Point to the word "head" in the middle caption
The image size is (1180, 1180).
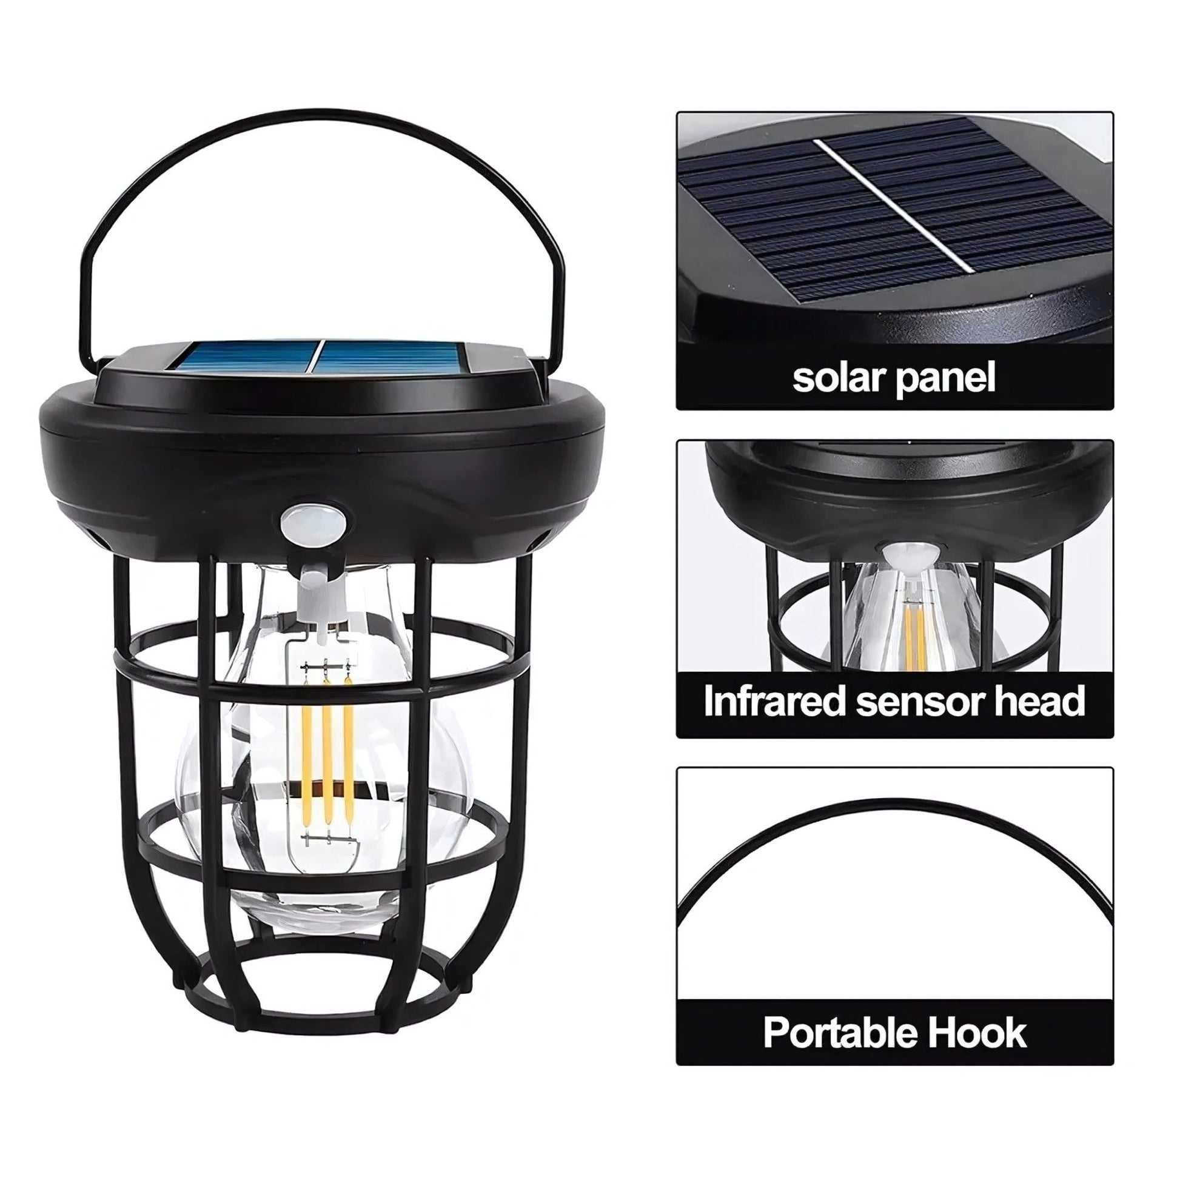1041,701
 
